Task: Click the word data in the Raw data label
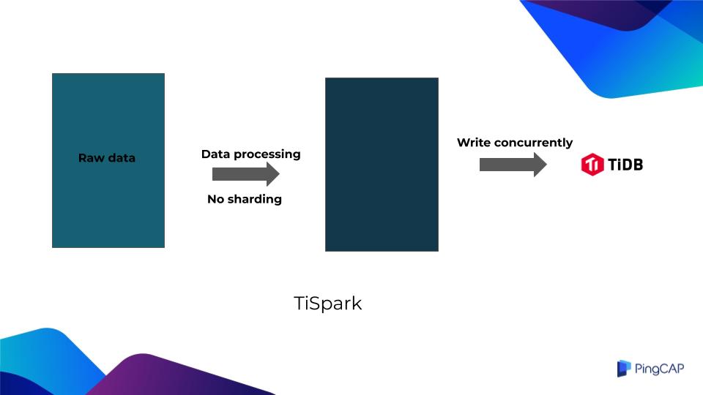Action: pyautogui.click(x=120, y=158)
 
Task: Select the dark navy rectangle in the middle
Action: pyautogui.click(x=382, y=165)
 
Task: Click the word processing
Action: pyautogui.click(x=268, y=154)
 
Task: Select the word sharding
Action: pyautogui.click(x=255, y=199)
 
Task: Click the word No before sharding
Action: pyautogui.click(x=216, y=199)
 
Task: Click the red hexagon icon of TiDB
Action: pyautogui.click(x=591, y=165)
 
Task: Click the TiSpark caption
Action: pyautogui.click(x=327, y=304)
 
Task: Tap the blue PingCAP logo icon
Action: pyautogui.click(x=623, y=369)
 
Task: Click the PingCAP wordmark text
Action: pyautogui.click(x=660, y=369)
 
